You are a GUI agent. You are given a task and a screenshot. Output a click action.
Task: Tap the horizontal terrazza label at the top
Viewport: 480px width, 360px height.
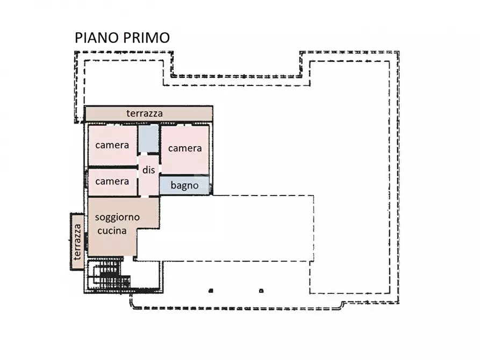coord(144,113)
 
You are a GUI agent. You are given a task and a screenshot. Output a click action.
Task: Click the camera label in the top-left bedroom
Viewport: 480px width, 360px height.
coord(112,145)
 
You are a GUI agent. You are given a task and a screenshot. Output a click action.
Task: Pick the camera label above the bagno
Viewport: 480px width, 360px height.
coord(184,148)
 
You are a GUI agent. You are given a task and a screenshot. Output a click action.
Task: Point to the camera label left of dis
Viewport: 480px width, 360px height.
coord(112,181)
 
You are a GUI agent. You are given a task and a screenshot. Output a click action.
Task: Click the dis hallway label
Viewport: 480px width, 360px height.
coord(148,170)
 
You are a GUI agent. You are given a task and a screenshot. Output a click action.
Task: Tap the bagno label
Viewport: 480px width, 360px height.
coord(184,186)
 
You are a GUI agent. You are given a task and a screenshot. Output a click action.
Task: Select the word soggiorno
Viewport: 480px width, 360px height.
coord(117,218)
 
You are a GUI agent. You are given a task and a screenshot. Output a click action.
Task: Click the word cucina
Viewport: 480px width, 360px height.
coord(112,231)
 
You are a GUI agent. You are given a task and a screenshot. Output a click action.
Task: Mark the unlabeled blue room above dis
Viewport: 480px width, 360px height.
coord(148,139)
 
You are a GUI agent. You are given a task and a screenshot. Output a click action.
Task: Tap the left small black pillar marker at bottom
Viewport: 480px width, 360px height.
coord(211,291)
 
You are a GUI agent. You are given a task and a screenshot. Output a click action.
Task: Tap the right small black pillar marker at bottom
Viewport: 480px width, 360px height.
coord(261,291)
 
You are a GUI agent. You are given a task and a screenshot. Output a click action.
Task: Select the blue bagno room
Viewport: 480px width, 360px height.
coord(184,186)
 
